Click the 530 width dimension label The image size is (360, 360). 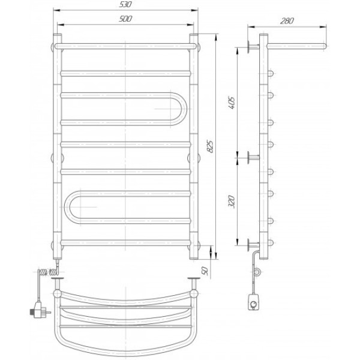(125, 4)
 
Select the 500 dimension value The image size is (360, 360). (125, 19)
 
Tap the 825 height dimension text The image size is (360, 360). (210, 146)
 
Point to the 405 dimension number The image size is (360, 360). (232, 103)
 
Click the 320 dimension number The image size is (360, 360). (232, 202)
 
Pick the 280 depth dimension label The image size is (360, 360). (287, 21)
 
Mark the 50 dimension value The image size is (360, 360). (205, 271)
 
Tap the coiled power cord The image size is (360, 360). (47, 272)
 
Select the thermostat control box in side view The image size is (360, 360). (254, 302)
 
